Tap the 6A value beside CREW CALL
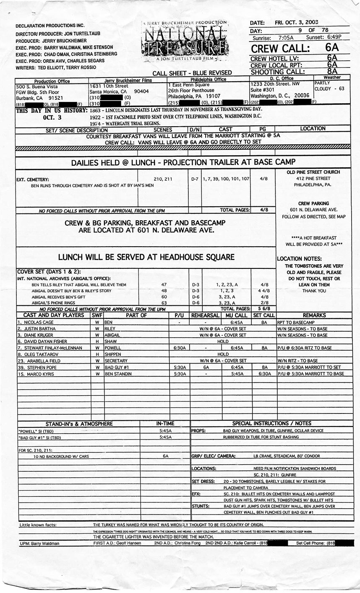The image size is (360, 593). (331, 47)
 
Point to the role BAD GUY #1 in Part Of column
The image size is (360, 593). (117, 367)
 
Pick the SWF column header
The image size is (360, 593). (97, 315)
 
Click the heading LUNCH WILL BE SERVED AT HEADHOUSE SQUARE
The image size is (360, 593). (146, 257)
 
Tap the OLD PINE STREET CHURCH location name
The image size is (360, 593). (313, 172)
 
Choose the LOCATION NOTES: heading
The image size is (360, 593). (299, 259)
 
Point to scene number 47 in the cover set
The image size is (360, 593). (164, 284)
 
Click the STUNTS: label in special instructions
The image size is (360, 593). (201, 506)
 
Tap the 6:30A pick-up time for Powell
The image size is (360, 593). (180, 348)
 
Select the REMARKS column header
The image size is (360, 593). (314, 315)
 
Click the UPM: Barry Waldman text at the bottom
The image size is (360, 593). (39, 544)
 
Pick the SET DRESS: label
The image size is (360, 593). (203, 481)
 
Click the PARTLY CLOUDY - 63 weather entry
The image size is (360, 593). (329, 86)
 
